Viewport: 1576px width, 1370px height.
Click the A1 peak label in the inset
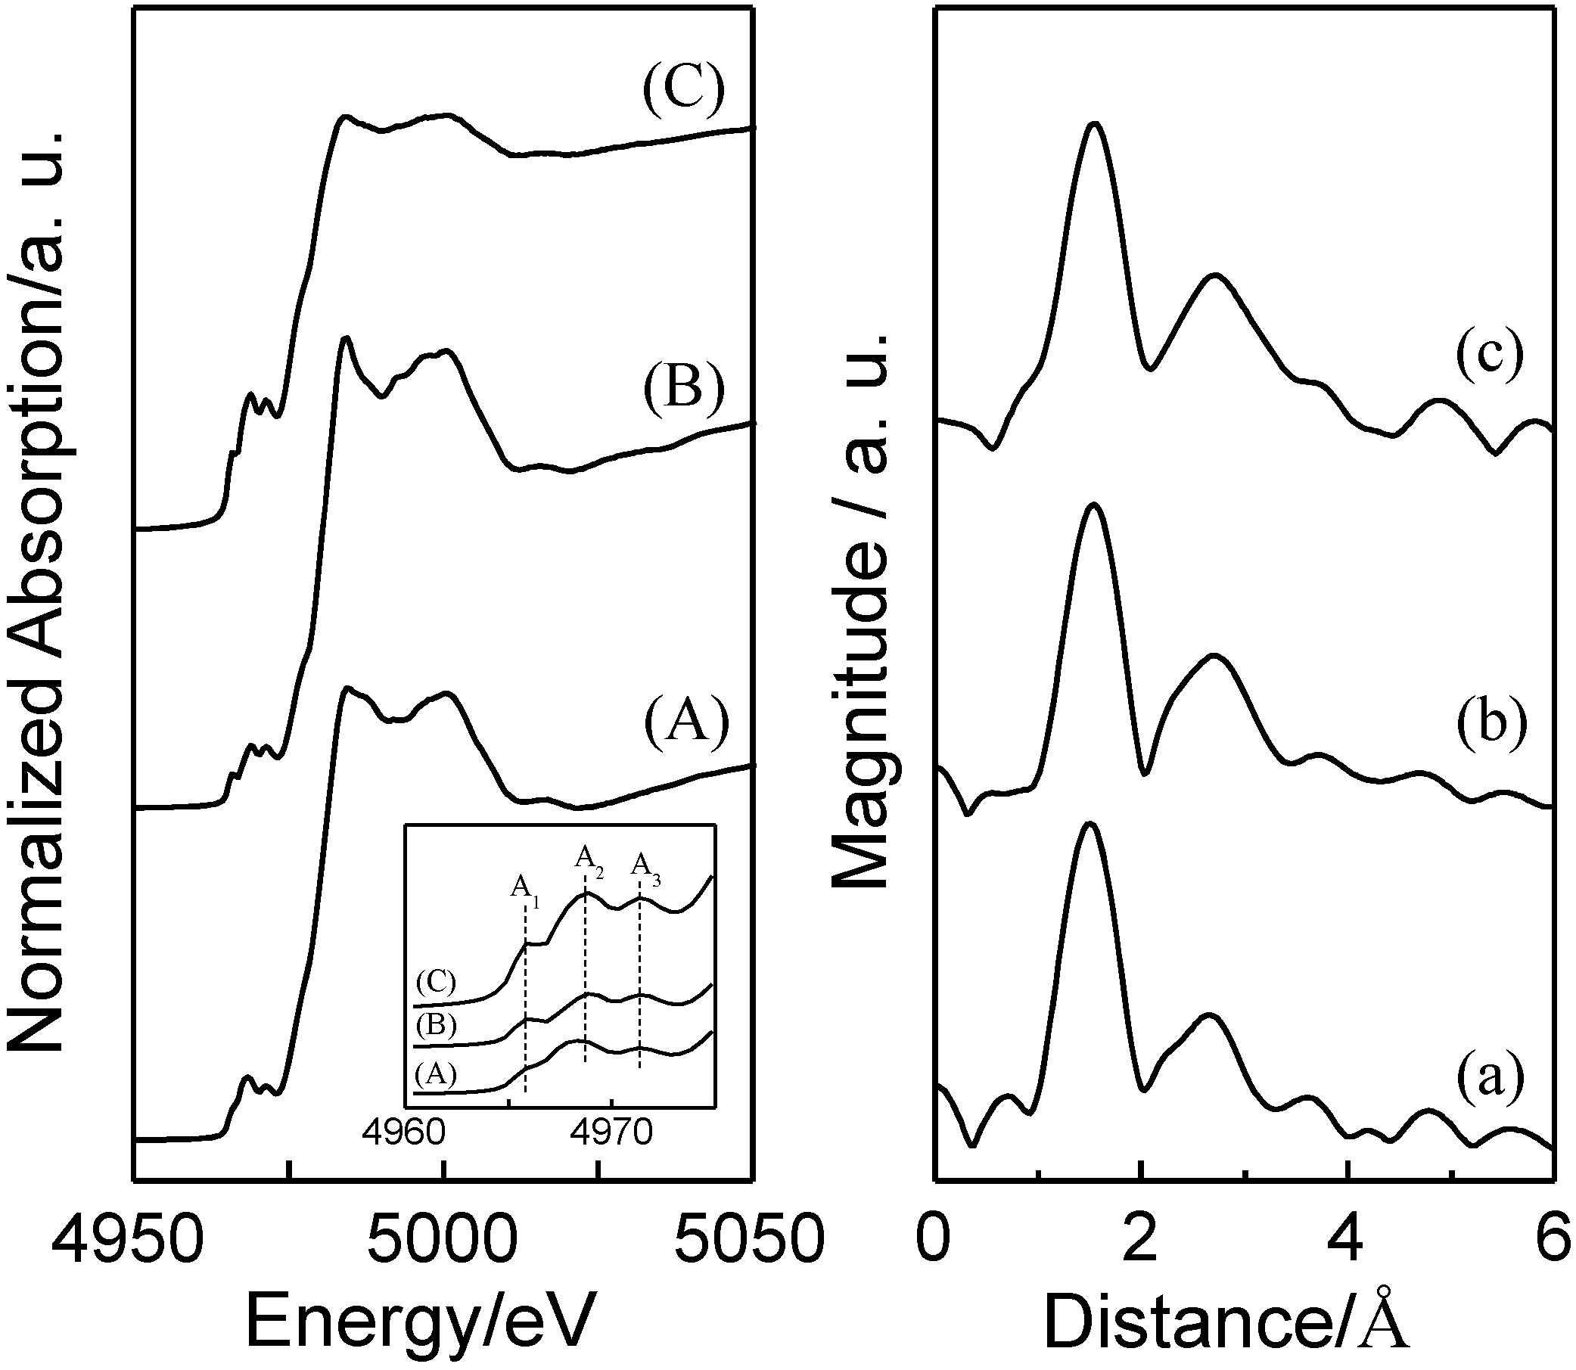coord(524,888)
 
